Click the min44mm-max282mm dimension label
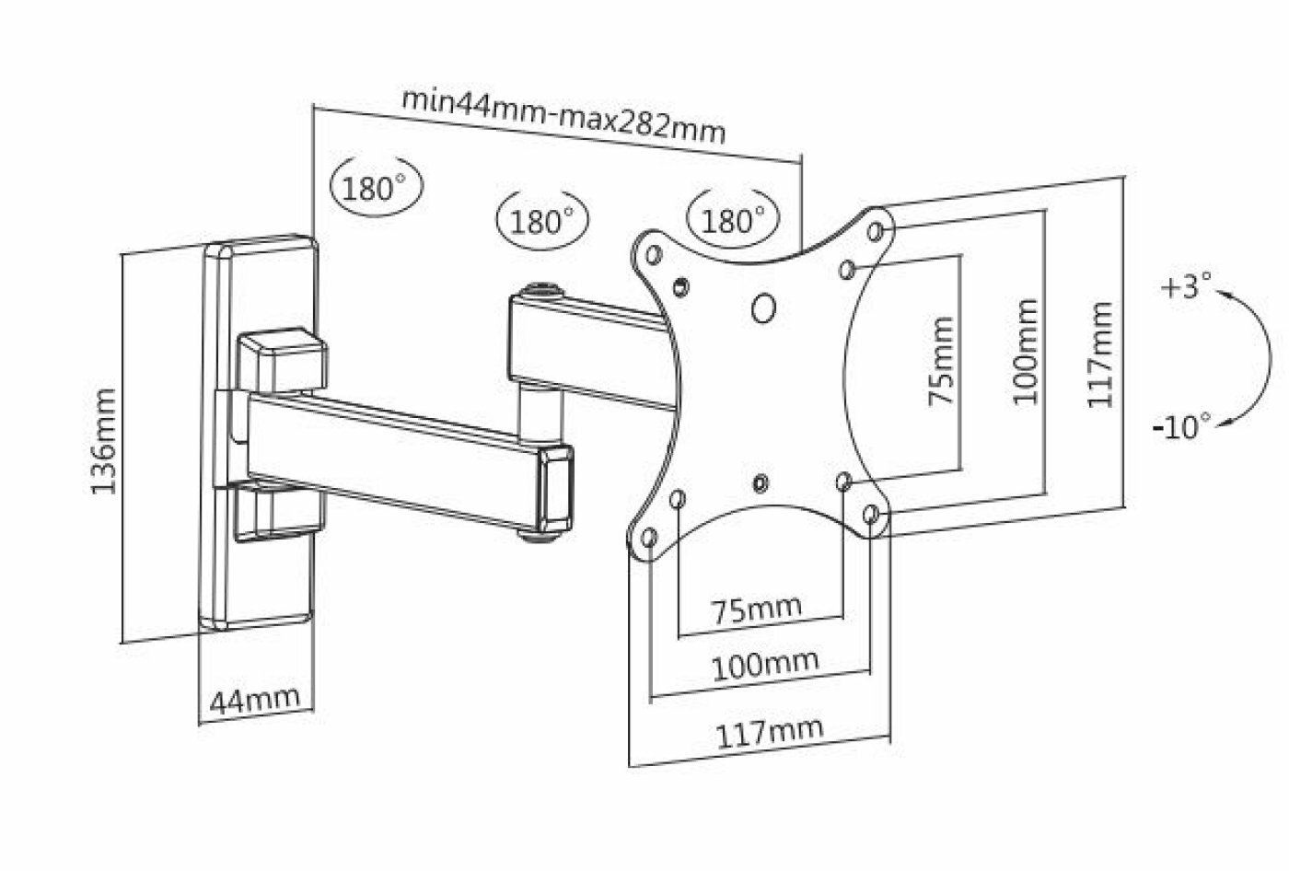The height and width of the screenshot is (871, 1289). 564,114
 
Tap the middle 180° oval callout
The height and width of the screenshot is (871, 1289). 542,221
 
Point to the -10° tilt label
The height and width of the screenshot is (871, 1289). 1180,426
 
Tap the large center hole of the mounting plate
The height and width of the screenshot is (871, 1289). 762,308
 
